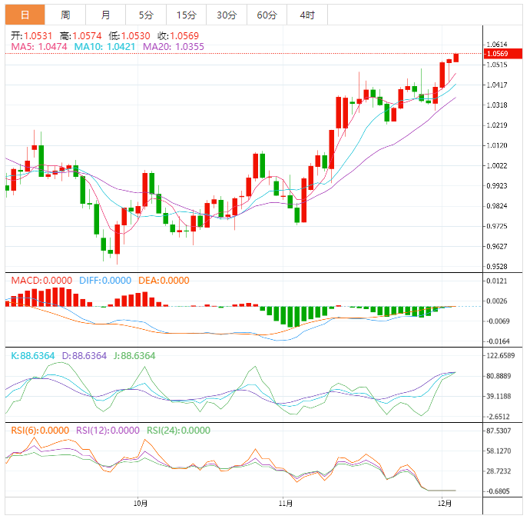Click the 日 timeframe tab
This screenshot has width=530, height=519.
(x=25, y=15)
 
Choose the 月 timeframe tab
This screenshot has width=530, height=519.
(x=105, y=15)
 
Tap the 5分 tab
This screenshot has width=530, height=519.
(x=145, y=15)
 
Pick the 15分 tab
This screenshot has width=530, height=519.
(x=186, y=15)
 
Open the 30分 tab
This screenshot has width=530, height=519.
(x=227, y=15)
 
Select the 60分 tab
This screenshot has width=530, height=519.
(x=267, y=15)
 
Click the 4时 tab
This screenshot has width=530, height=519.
(x=307, y=15)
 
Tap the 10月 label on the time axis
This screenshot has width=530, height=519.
(x=141, y=504)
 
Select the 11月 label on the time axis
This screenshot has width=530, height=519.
(x=285, y=504)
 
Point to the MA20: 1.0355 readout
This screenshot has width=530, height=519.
(x=173, y=47)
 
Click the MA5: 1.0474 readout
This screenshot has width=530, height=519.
(x=39, y=47)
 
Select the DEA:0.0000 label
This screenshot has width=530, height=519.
(x=163, y=281)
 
